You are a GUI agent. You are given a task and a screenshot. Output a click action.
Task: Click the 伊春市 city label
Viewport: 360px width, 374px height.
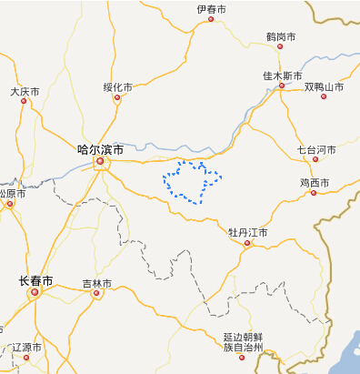(211, 9)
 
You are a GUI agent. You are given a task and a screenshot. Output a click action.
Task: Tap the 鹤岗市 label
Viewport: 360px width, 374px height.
(281, 36)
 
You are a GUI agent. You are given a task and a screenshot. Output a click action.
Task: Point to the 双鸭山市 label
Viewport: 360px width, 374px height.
(324, 87)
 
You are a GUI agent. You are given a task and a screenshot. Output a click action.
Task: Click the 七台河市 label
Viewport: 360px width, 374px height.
(316, 149)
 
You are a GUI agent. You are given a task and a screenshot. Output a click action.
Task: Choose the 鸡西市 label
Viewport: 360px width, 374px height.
(314, 183)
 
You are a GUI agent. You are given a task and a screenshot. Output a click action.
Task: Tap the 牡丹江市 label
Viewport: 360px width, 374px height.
(247, 233)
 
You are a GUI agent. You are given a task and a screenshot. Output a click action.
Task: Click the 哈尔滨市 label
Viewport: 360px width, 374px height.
(100, 148)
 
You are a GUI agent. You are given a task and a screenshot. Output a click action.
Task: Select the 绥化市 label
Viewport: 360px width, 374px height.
(117, 87)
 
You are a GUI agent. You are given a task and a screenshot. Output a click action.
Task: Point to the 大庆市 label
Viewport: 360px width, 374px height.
(25, 92)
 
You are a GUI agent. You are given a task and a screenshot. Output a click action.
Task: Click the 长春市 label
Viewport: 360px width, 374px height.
(36, 279)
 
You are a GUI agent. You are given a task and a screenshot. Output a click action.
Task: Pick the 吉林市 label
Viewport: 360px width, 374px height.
(96, 284)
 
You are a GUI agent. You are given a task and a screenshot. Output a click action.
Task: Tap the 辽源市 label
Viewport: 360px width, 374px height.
(26, 348)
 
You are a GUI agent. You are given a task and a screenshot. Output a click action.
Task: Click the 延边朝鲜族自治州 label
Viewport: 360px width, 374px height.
(243, 341)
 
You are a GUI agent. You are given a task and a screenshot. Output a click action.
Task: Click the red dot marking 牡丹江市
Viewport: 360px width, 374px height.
(246, 243)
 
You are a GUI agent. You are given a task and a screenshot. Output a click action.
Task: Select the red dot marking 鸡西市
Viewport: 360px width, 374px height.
(313, 192)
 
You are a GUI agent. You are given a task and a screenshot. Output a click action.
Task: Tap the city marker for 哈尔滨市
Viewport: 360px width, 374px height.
(101, 164)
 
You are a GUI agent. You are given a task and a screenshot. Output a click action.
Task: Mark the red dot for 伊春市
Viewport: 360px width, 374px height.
(211, 18)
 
